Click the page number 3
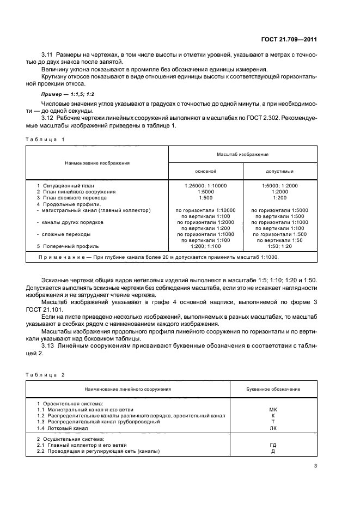[316, 466]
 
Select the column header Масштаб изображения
[242, 155]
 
